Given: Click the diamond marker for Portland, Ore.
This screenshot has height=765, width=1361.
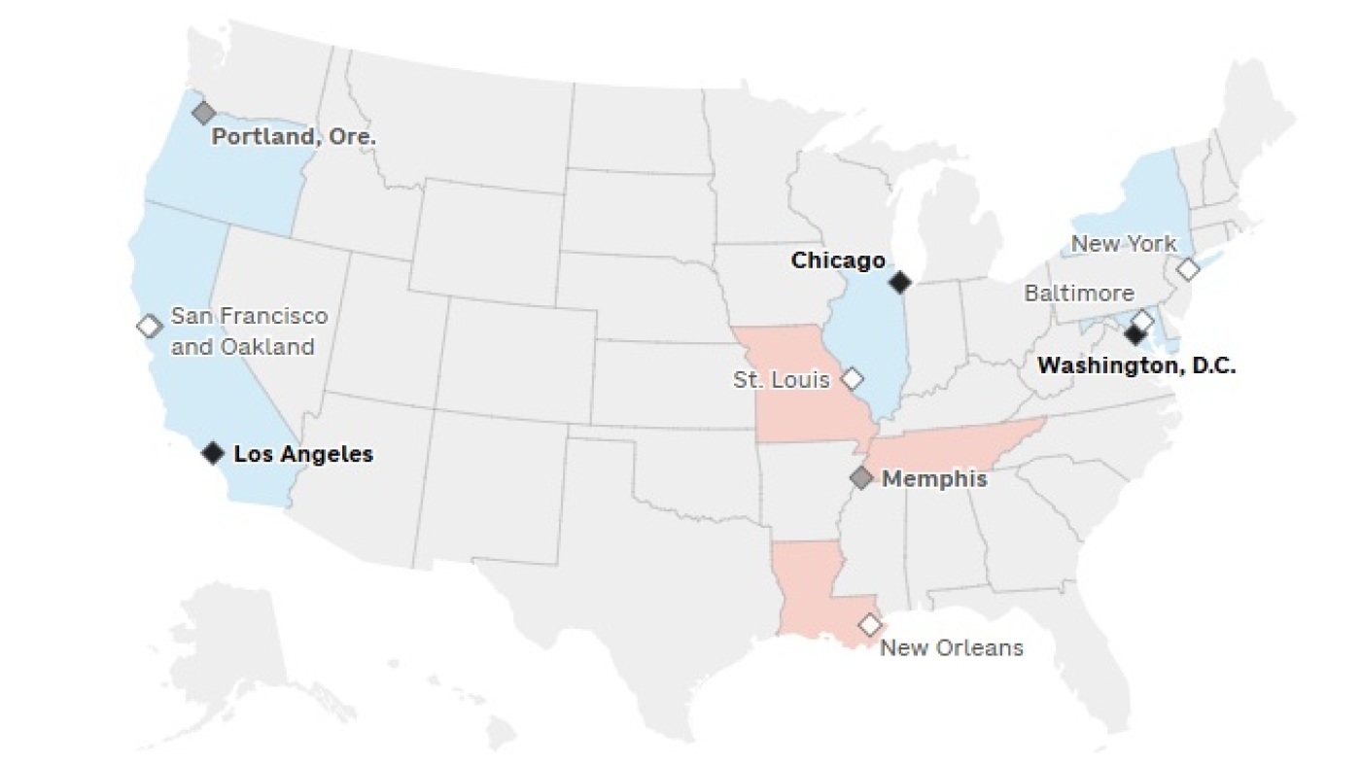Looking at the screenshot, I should click(203, 113).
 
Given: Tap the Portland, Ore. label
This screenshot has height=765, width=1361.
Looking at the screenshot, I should click(294, 137).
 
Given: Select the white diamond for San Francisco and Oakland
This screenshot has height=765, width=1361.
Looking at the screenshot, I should click(149, 326).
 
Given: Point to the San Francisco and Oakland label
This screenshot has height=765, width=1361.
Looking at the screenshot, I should click(249, 331).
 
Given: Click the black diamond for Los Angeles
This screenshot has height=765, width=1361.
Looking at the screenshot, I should click(214, 452).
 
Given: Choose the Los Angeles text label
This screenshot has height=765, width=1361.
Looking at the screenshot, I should click(303, 454).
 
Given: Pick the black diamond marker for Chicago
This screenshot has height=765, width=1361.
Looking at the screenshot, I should click(901, 282).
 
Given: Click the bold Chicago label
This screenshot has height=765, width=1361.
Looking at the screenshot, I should click(838, 261).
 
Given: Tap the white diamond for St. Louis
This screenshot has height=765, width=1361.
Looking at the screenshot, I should click(853, 377).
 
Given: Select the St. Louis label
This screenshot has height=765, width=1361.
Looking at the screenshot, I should click(782, 379).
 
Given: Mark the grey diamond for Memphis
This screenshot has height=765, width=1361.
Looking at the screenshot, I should click(861, 477).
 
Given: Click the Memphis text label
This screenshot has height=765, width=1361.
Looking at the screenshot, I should click(934, 479).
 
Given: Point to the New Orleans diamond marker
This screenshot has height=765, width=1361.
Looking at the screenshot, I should click(870, 624).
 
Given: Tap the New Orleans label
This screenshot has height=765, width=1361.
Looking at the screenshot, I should click(952, 647).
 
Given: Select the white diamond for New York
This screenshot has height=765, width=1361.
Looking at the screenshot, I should click(1188, 269).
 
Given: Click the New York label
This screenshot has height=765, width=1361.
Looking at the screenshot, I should click(1123, 244).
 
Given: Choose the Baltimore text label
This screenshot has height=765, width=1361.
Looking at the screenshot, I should click(1078, 293).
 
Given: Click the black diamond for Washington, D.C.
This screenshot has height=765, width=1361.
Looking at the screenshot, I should click(1134, 335).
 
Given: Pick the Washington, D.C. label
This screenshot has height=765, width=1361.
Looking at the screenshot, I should click(1136, 366).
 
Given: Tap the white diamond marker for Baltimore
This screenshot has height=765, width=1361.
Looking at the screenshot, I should click(1144, 320).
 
